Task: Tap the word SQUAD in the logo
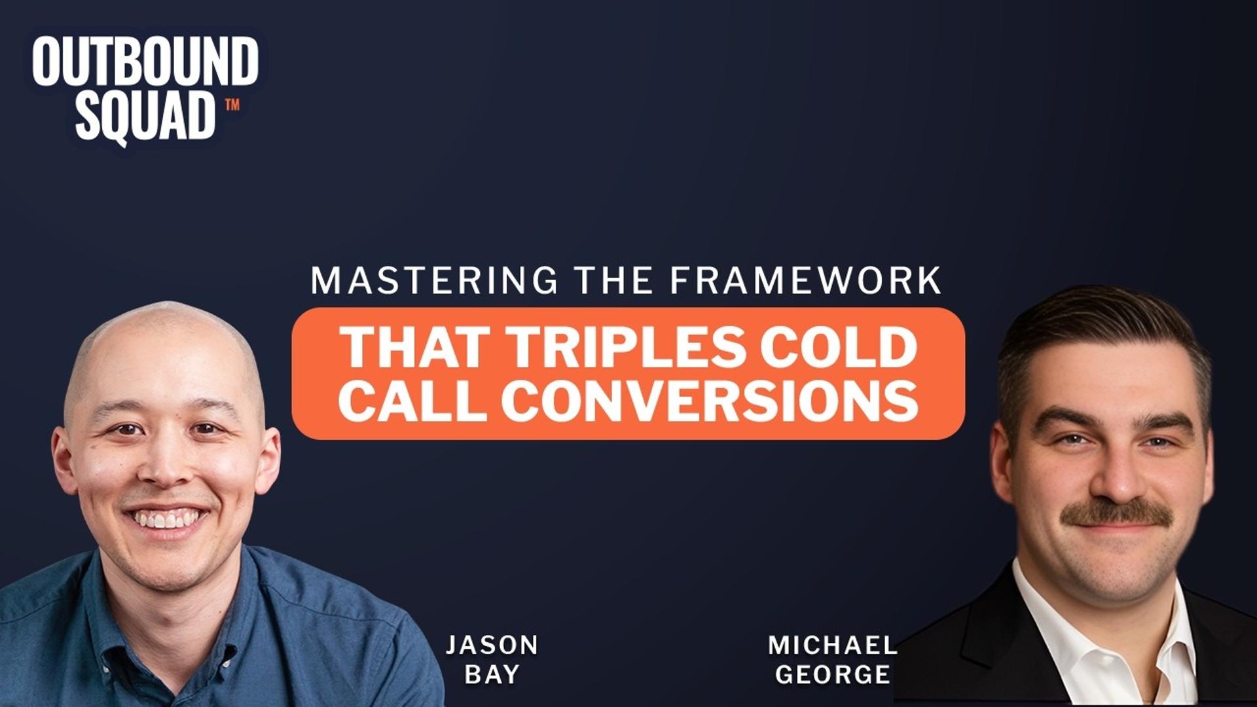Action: (x=145, y=117)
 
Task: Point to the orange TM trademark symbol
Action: (x=232, y=104)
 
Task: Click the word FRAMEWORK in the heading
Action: (x=806, y=281)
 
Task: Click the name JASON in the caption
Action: (x=492, y=645)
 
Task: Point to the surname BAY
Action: (x=492, y=674)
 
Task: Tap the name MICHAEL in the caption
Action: (x=832, y=645)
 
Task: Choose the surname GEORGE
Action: (x=832, y=674)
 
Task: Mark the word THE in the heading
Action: (x=613, y=281)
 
